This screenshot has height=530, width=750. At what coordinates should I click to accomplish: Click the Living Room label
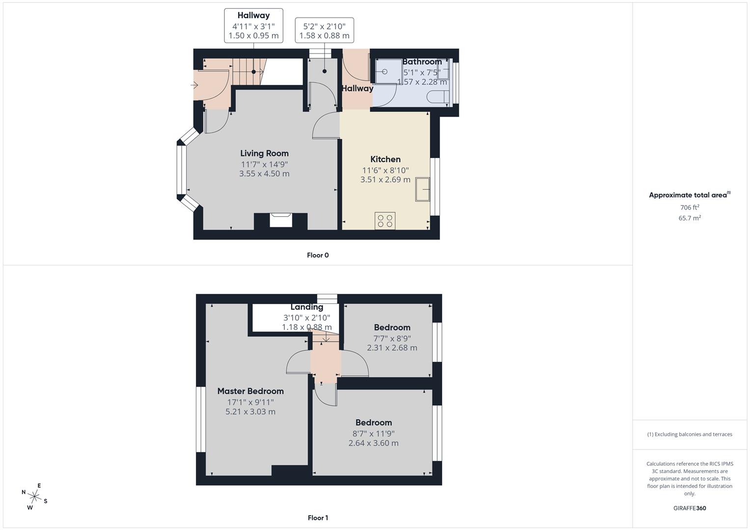click(x=264, y=153)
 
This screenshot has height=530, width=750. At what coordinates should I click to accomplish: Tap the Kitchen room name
click(x=386, y=159)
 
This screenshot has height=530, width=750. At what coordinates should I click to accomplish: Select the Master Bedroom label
click(x=250, y=391)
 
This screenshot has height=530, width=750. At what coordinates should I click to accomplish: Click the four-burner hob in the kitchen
click(x=385, y=221)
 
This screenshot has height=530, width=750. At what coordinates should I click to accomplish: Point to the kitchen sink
click(x=422, y=189)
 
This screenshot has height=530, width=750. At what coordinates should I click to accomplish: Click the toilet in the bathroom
click(x=438, y=97)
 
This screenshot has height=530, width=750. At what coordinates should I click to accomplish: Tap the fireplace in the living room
click(x=281, y=221)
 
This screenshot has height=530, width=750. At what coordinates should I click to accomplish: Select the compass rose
click(x=34, y=497)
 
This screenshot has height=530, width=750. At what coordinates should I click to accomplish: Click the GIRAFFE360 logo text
click(x=690, y=508)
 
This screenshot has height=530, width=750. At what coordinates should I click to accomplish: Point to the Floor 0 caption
click(x=318, y=255)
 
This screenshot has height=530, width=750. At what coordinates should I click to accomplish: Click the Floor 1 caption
click(x=318, y=518)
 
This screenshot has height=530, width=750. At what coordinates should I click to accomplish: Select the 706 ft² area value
click(x=690, y=208)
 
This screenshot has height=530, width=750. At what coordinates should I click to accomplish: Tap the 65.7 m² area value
click(x=690, y=218)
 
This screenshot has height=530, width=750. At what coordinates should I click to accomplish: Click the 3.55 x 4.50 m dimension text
click(x=264, y=174)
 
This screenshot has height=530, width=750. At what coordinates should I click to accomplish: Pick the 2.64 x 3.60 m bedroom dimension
click(x=374, y=443)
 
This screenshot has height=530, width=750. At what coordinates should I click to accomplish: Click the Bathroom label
click(x=422, y=62)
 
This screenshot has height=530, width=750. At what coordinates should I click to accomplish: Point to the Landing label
click(x=306, y=307)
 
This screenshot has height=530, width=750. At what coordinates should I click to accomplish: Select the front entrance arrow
click(x=194, y=85)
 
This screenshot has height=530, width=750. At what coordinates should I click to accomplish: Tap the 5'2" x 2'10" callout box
click(x=324, y=30)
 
